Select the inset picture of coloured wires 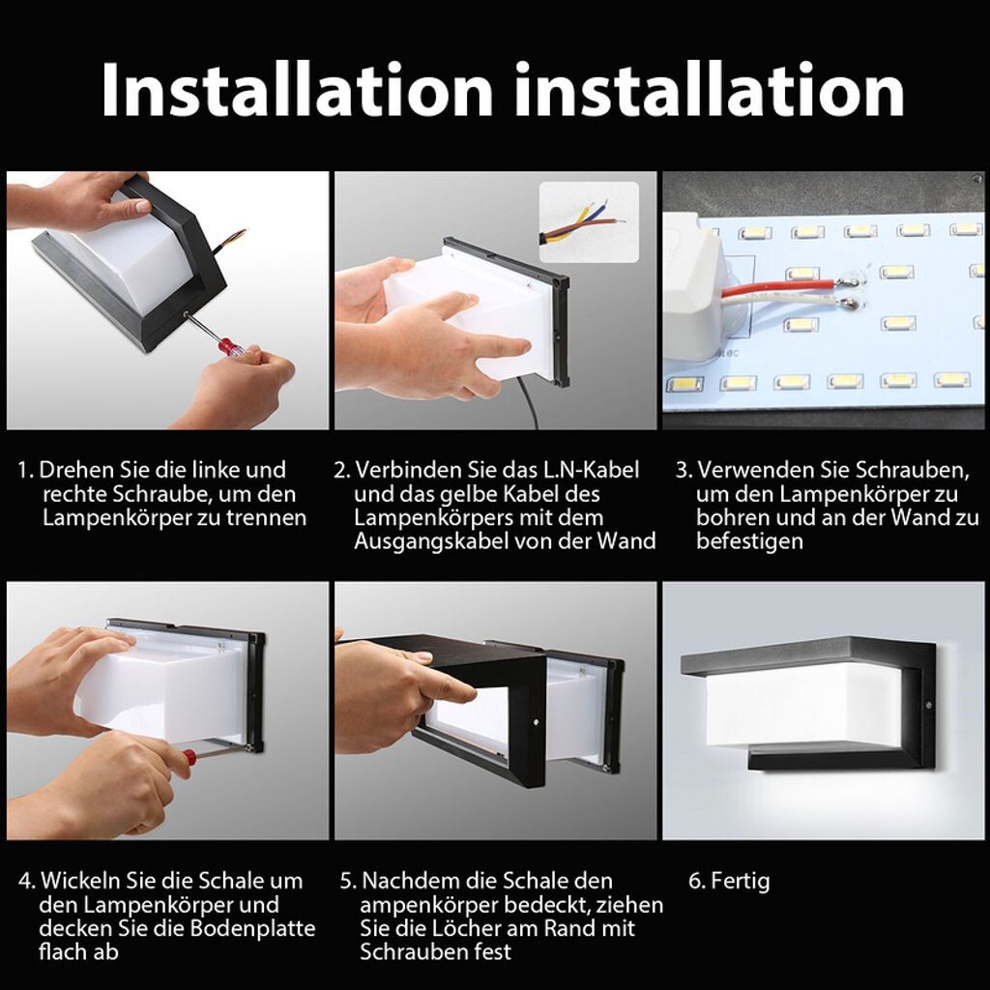pos(589,222)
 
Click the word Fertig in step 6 pos(740,881)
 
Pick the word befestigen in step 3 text pos(749,541)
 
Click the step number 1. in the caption pos(25,471)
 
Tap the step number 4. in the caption pos(26,881)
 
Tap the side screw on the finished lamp pos(929,705)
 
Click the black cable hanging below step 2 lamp pos(529,402)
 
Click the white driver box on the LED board pos(692,287)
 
